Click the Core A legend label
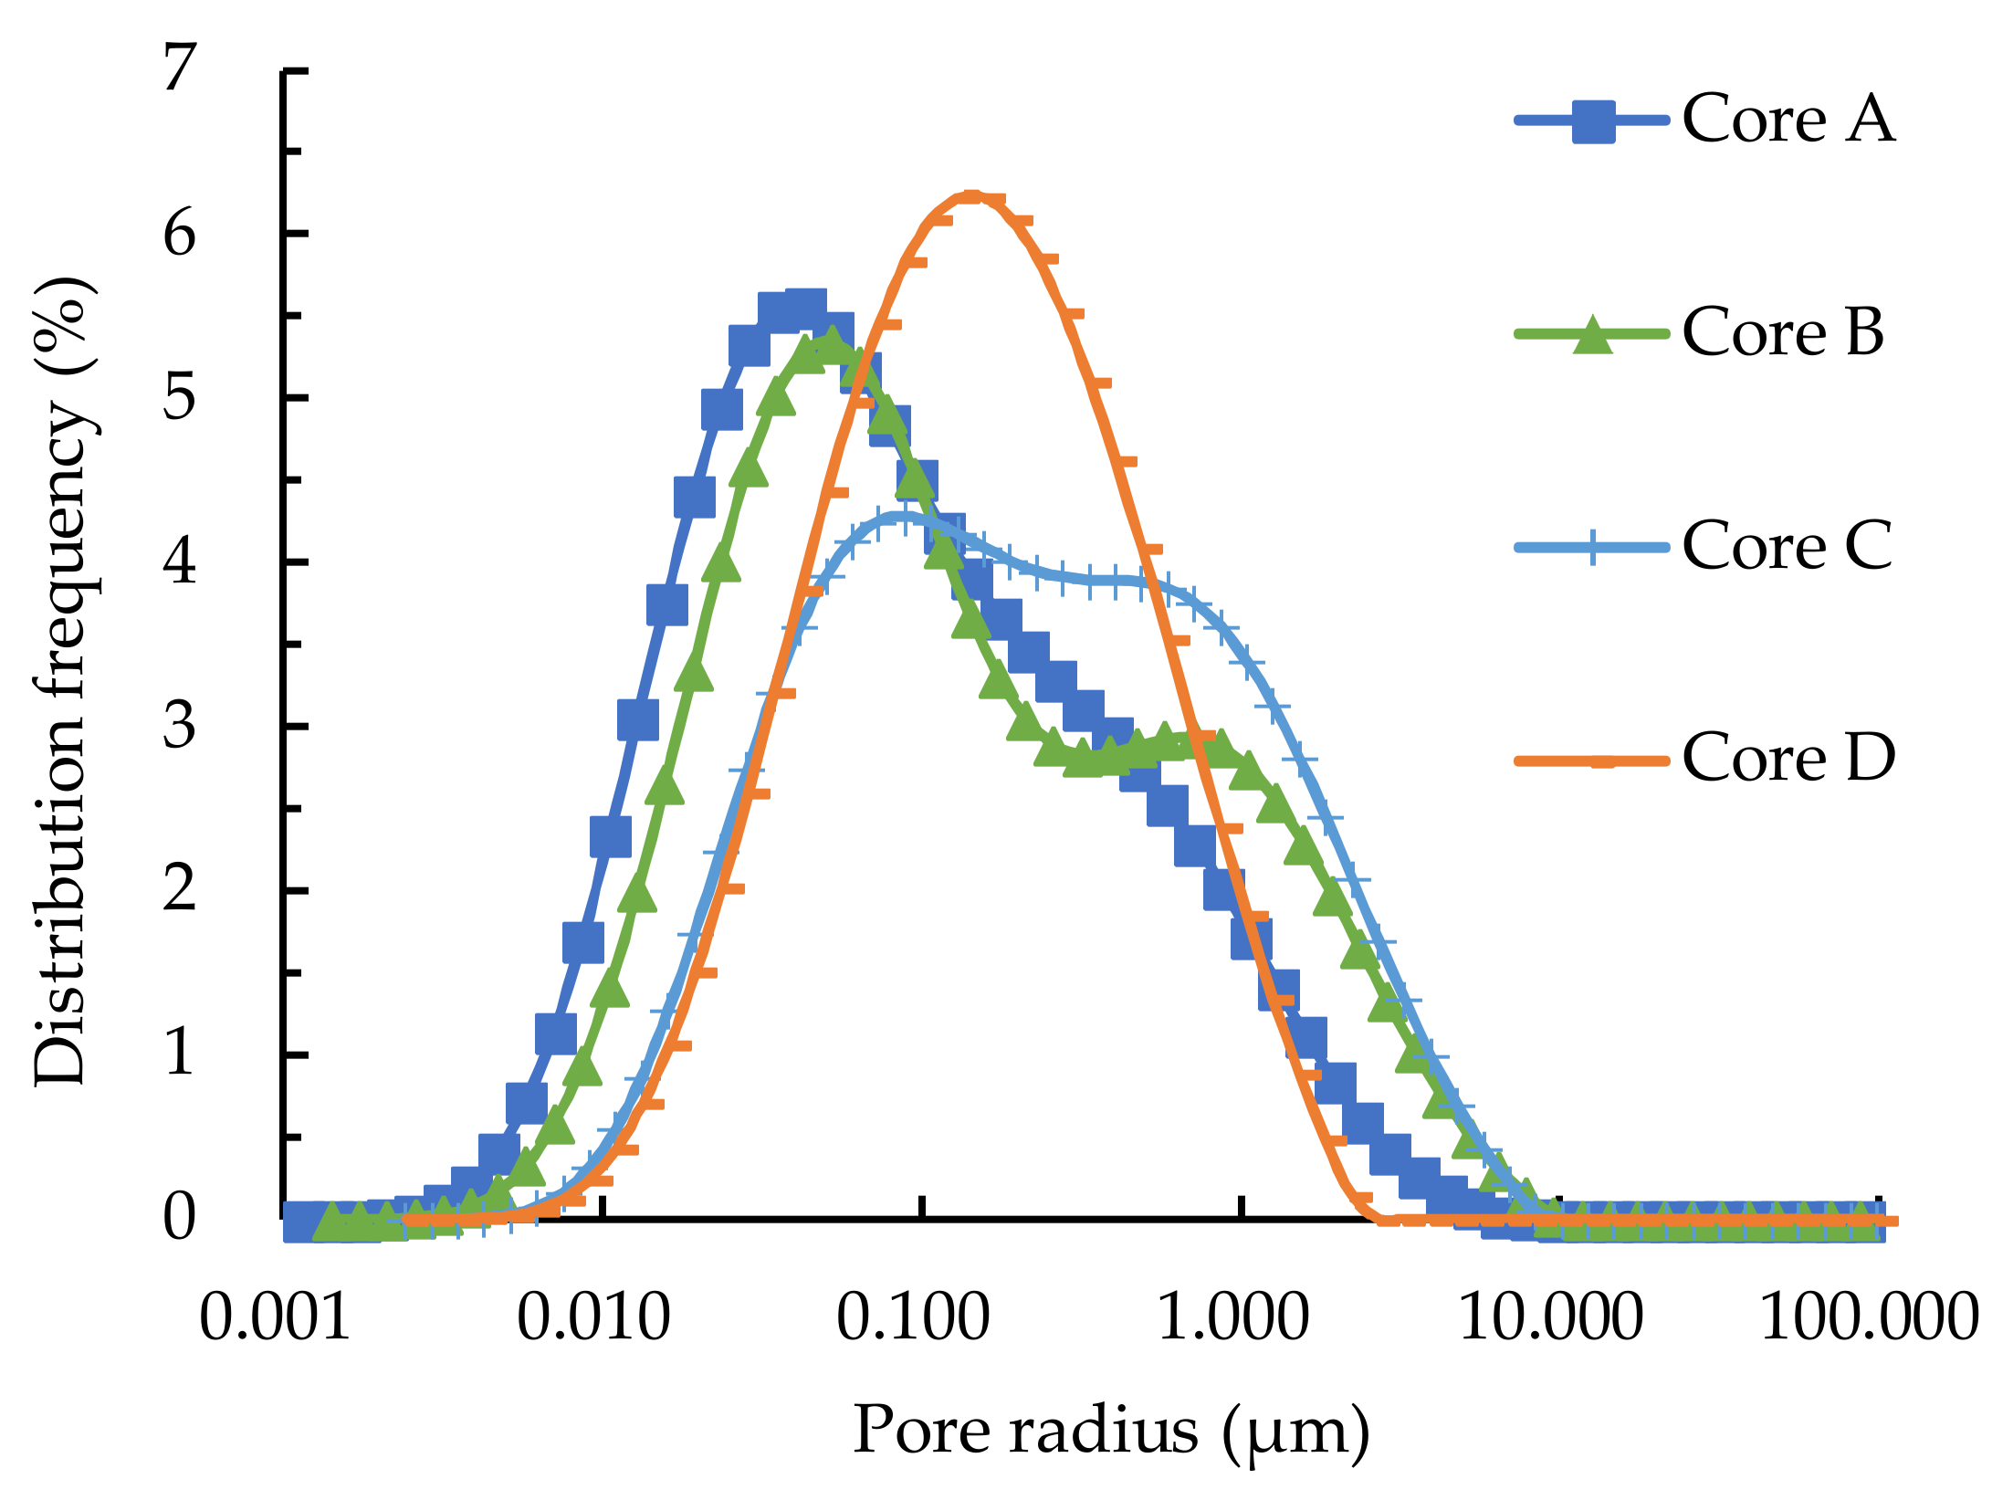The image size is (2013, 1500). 1788,120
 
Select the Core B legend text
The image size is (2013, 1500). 1782,332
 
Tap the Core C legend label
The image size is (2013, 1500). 1787,546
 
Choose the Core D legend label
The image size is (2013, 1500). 1788,758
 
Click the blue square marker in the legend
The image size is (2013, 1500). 1593,121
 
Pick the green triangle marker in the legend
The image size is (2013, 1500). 1593,335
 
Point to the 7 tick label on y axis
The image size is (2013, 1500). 180,69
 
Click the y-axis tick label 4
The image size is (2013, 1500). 180,561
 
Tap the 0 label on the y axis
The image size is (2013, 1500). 180,1217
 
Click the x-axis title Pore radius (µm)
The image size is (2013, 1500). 1110,1432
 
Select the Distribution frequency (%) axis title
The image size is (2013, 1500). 62,680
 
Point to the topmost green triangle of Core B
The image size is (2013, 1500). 832,346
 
